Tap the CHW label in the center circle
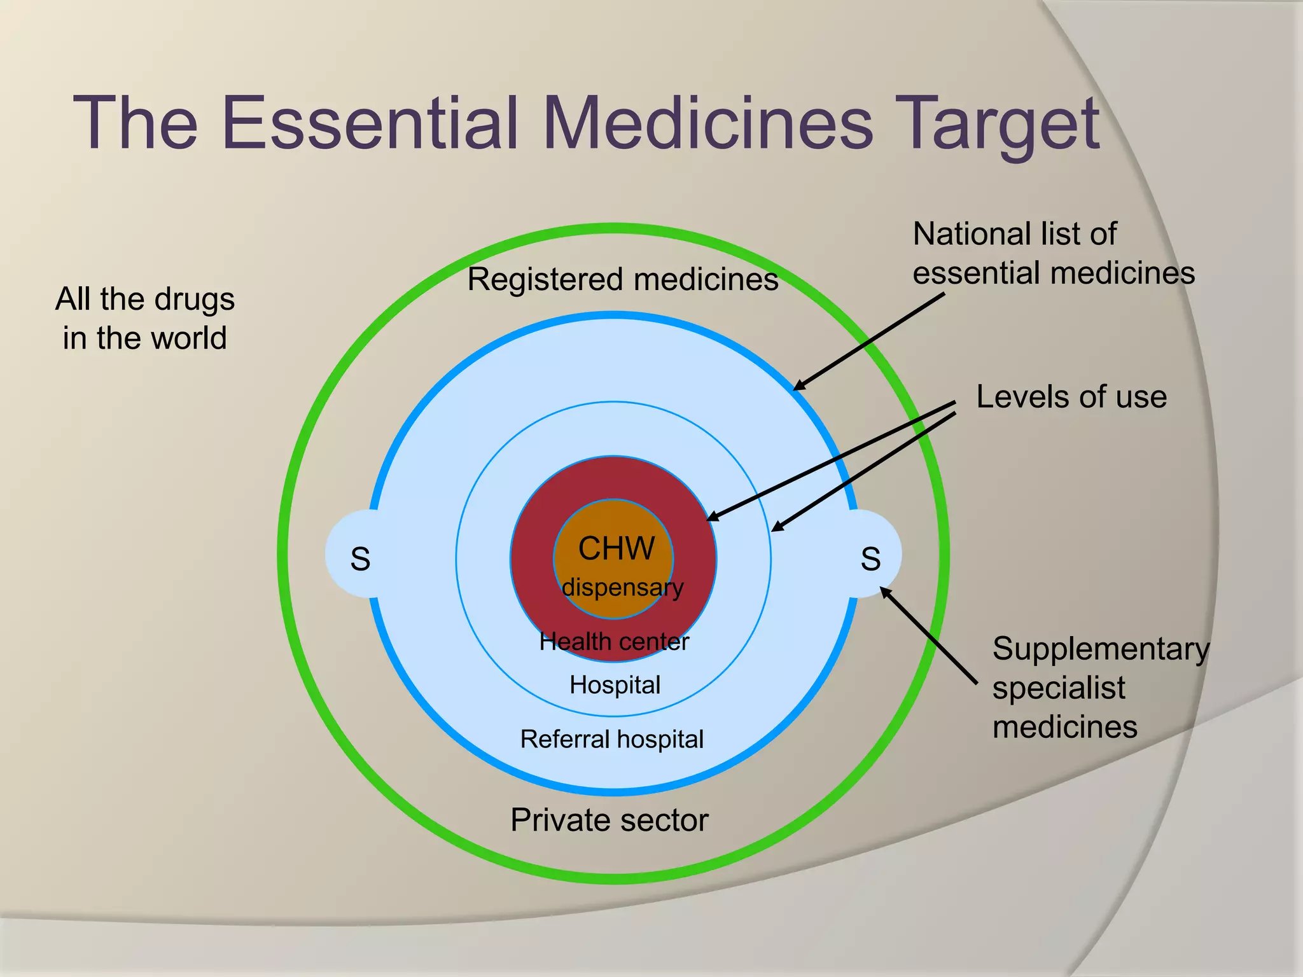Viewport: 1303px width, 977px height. (x=616, y=548)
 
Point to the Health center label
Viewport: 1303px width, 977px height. (x=614, y=642)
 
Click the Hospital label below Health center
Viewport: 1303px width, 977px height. (x=615, y=685)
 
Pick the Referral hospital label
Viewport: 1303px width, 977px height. (x=611, y=739)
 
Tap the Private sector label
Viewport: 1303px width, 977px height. (x=609, y=820)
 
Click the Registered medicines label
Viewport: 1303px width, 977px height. (x=622, y=279)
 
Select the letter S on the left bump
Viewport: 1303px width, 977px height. (x=360, y=559)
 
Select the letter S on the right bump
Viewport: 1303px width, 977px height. (x=870, y=559)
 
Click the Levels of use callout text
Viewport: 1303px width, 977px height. (x=1071, y=397)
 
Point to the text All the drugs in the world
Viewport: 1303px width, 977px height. (x=145, y=318)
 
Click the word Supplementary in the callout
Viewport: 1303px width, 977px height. (x=1100, y=649)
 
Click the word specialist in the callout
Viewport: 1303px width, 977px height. (x=1059, y=688)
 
